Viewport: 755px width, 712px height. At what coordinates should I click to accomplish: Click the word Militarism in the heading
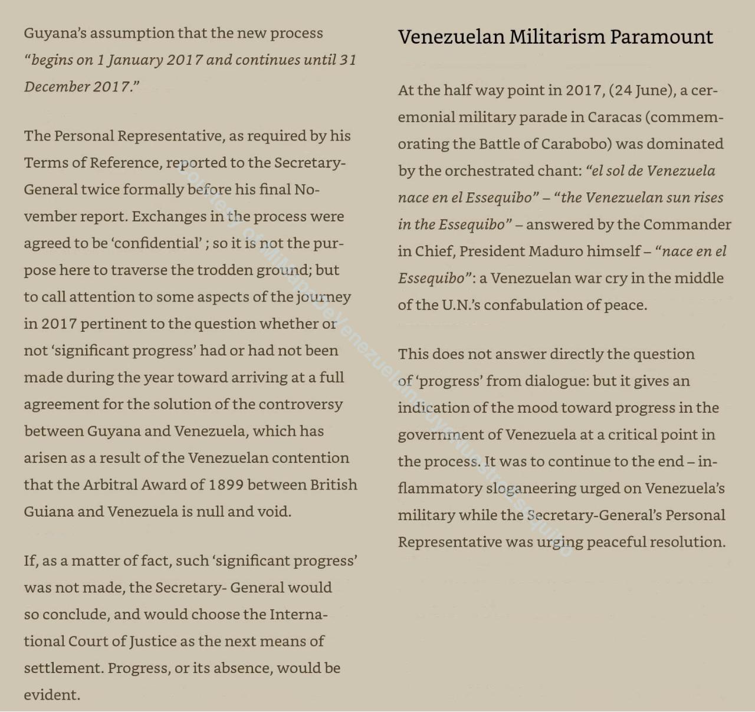(x=557, y=37)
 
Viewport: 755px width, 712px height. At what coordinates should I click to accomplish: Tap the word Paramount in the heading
(x=661, y=37)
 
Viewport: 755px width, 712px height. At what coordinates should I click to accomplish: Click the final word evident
(x=51, y=695)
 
